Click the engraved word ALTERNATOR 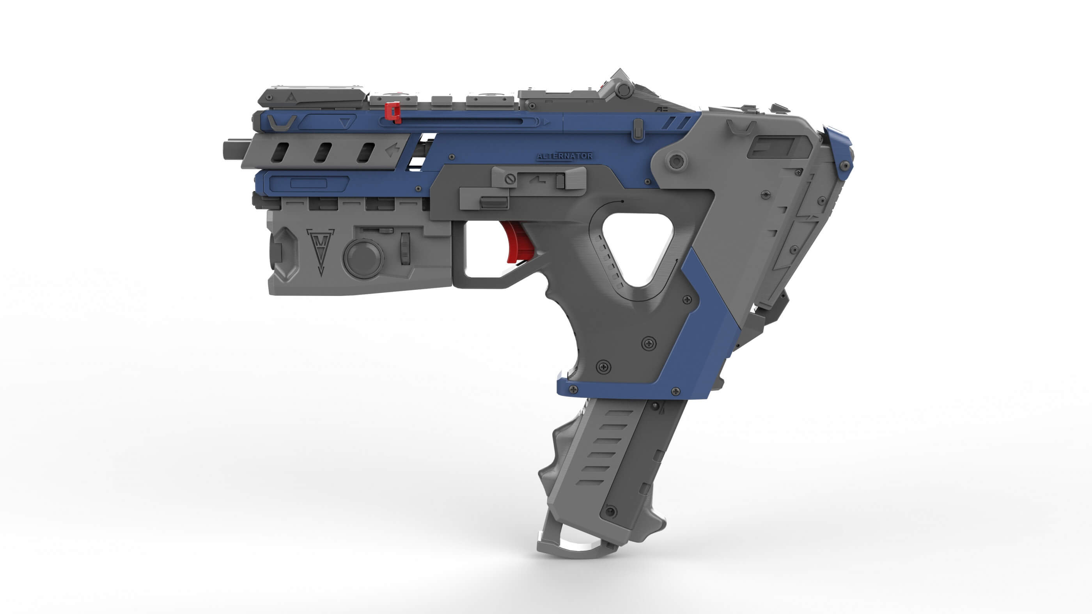coord(564,156)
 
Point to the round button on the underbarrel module coord(363,258)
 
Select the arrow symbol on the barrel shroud coord(392,150)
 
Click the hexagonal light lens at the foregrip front coord(282,253)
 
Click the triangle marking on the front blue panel coord(346,123)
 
